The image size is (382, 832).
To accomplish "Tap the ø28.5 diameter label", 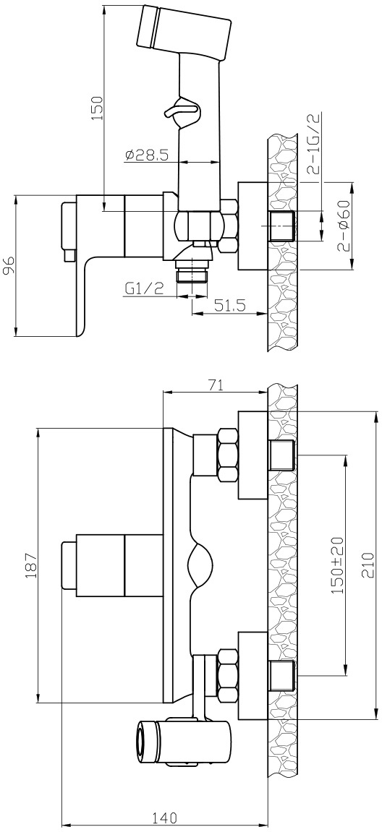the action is click(147, 155).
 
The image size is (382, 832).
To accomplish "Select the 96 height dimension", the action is click(9, 266).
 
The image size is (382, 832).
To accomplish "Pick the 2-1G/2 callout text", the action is click(313, 142).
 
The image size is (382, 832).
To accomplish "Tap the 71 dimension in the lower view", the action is click(215, 386).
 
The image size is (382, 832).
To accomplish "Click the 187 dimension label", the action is click(30, 566).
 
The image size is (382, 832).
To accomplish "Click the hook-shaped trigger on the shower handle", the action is click(181, 110).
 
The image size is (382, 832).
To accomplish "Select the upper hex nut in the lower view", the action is click(227, 456).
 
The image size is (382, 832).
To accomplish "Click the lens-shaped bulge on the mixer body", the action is click(201, 566).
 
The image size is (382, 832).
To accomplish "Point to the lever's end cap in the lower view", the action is click(69, 565).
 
